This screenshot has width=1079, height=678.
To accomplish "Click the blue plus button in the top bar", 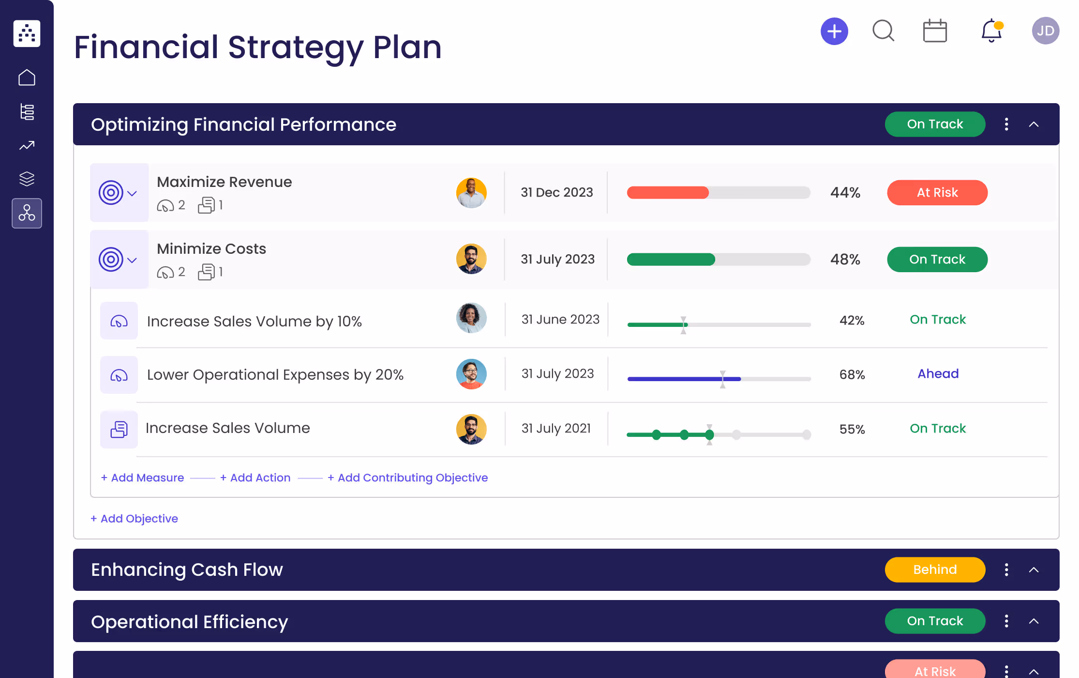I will tap(834, 31).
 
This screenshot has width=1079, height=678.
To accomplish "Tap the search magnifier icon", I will tap(883, 31).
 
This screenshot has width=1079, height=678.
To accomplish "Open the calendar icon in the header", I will tap(934, 31).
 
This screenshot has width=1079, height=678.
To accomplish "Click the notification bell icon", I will tap(991, 31).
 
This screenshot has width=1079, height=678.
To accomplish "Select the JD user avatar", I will tap(1045, 31).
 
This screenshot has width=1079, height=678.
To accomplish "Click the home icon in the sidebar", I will tap(27, 77).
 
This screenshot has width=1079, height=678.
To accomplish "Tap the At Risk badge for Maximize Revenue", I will tap(937, 193).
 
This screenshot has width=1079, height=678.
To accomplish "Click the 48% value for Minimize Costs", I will tap(845, 260).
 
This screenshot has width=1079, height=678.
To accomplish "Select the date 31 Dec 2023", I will tap(556, 193).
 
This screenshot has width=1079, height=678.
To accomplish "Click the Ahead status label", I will tap(938, 374).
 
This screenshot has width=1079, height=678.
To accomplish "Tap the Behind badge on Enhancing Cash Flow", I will tap(934, 570).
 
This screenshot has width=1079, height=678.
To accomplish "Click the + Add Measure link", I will tap(142, 478).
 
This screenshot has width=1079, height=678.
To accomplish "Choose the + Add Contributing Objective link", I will tap(407, 478).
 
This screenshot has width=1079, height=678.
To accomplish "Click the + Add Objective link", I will tap(134, 519).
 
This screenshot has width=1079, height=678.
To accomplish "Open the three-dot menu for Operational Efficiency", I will tap(1006, 621).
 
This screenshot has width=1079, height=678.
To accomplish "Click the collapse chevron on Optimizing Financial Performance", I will tap(1034, 124).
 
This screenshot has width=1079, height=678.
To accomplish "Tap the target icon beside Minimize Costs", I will tap(111, 260).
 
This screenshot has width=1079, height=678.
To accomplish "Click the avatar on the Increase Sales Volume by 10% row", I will tap(471, 318).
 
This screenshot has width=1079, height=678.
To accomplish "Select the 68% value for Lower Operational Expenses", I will tap(852, 374).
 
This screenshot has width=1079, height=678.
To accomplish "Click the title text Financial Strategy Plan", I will tap(257, 47).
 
